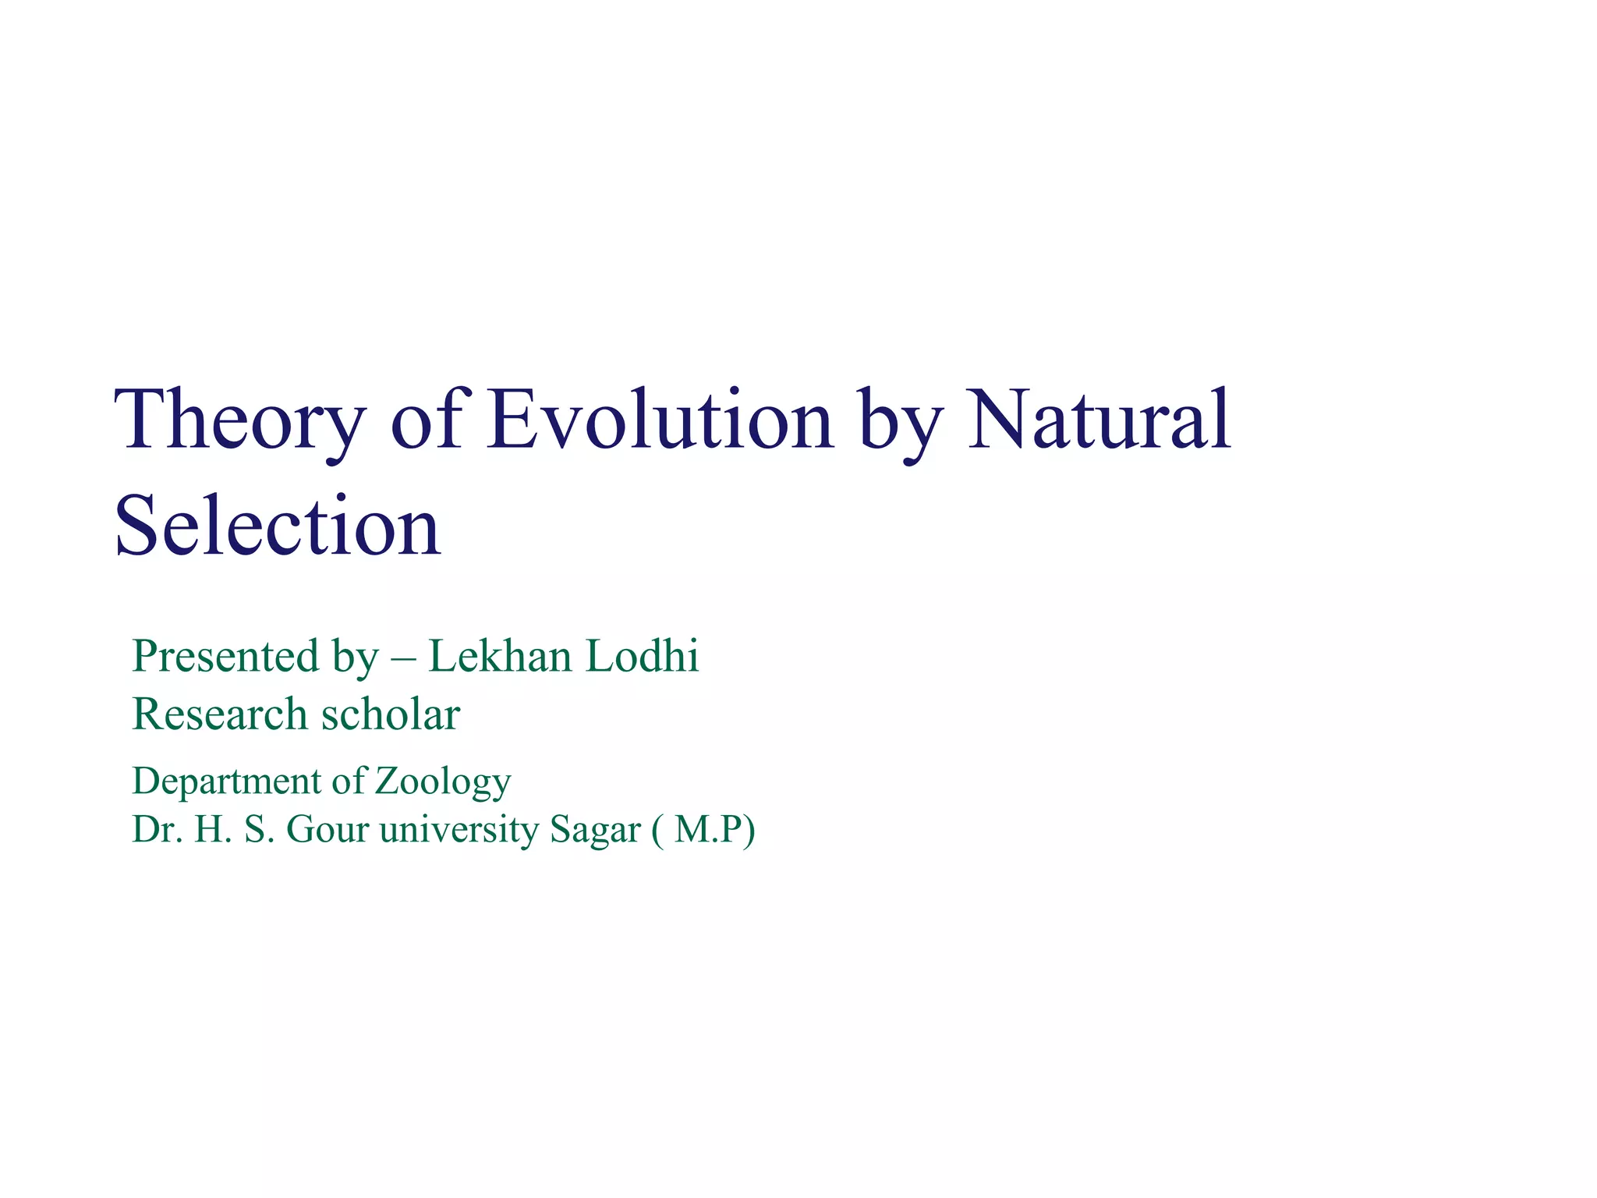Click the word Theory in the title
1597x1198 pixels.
click(x=240, y=421)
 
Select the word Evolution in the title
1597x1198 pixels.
click(x=660, y=421)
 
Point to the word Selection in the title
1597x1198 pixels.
click(x=278, y=527)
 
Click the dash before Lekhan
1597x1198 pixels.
click(x=403, y=659)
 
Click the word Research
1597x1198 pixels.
click(x=220, y=714)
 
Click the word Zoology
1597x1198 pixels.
click(x=443, y=782)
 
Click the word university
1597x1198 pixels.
click(x=459, y=829)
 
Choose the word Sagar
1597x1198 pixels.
click(x=594, y=831)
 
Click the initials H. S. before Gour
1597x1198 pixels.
click(x=235, y=829)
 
